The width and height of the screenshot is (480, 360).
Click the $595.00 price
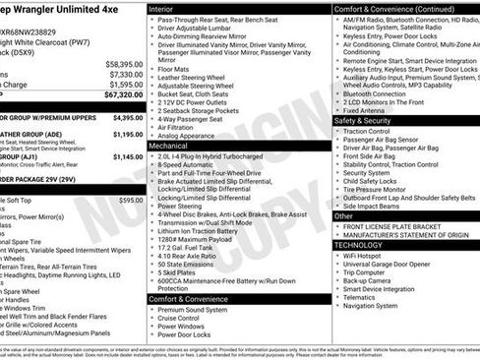(x=130, y=200)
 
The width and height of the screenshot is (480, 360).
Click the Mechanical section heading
(x=169, y=145)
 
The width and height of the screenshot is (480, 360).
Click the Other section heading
(x=342, y=215)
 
